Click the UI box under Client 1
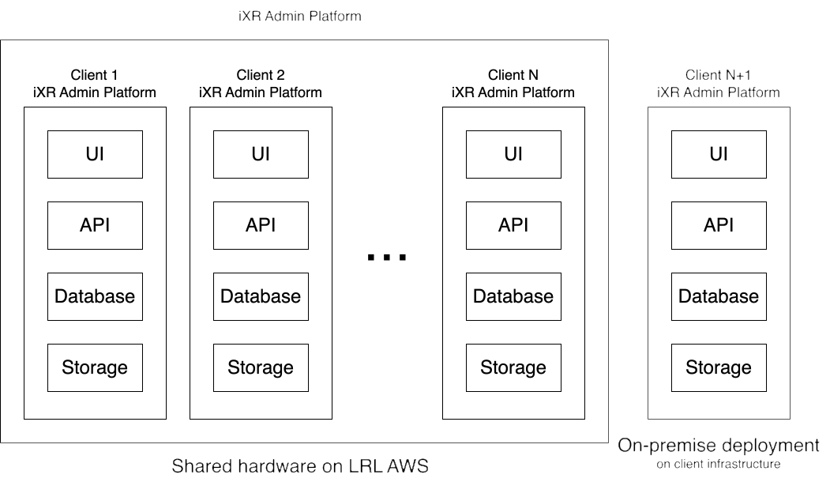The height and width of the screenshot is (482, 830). [95, 154]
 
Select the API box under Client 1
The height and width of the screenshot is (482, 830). [95, 225]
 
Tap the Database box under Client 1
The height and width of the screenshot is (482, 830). [95, 296]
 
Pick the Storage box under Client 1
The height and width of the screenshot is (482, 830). [95, 367]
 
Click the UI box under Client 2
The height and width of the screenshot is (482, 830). [261, 154]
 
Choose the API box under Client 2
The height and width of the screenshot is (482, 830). [261, 225]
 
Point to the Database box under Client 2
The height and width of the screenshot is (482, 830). [261, 296]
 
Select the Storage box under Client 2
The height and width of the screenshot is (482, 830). [261, 367]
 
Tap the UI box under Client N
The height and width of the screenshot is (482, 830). [513, 154]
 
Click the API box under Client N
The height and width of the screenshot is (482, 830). [513, 225]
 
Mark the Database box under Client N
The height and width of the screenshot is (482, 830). [513, 296]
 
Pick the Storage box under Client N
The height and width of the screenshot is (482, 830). [513, 367]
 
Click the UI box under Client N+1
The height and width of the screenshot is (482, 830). [719, 154]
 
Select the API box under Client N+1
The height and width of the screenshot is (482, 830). [719, 225]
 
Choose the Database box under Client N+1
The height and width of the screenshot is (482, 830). [719, 296]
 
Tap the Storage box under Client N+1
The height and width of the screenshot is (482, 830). [719, 367]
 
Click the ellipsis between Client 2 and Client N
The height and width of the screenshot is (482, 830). [387, 258]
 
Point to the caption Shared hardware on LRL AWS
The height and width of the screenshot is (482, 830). [300, 466]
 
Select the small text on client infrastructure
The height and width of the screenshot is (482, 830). [719, 464]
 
